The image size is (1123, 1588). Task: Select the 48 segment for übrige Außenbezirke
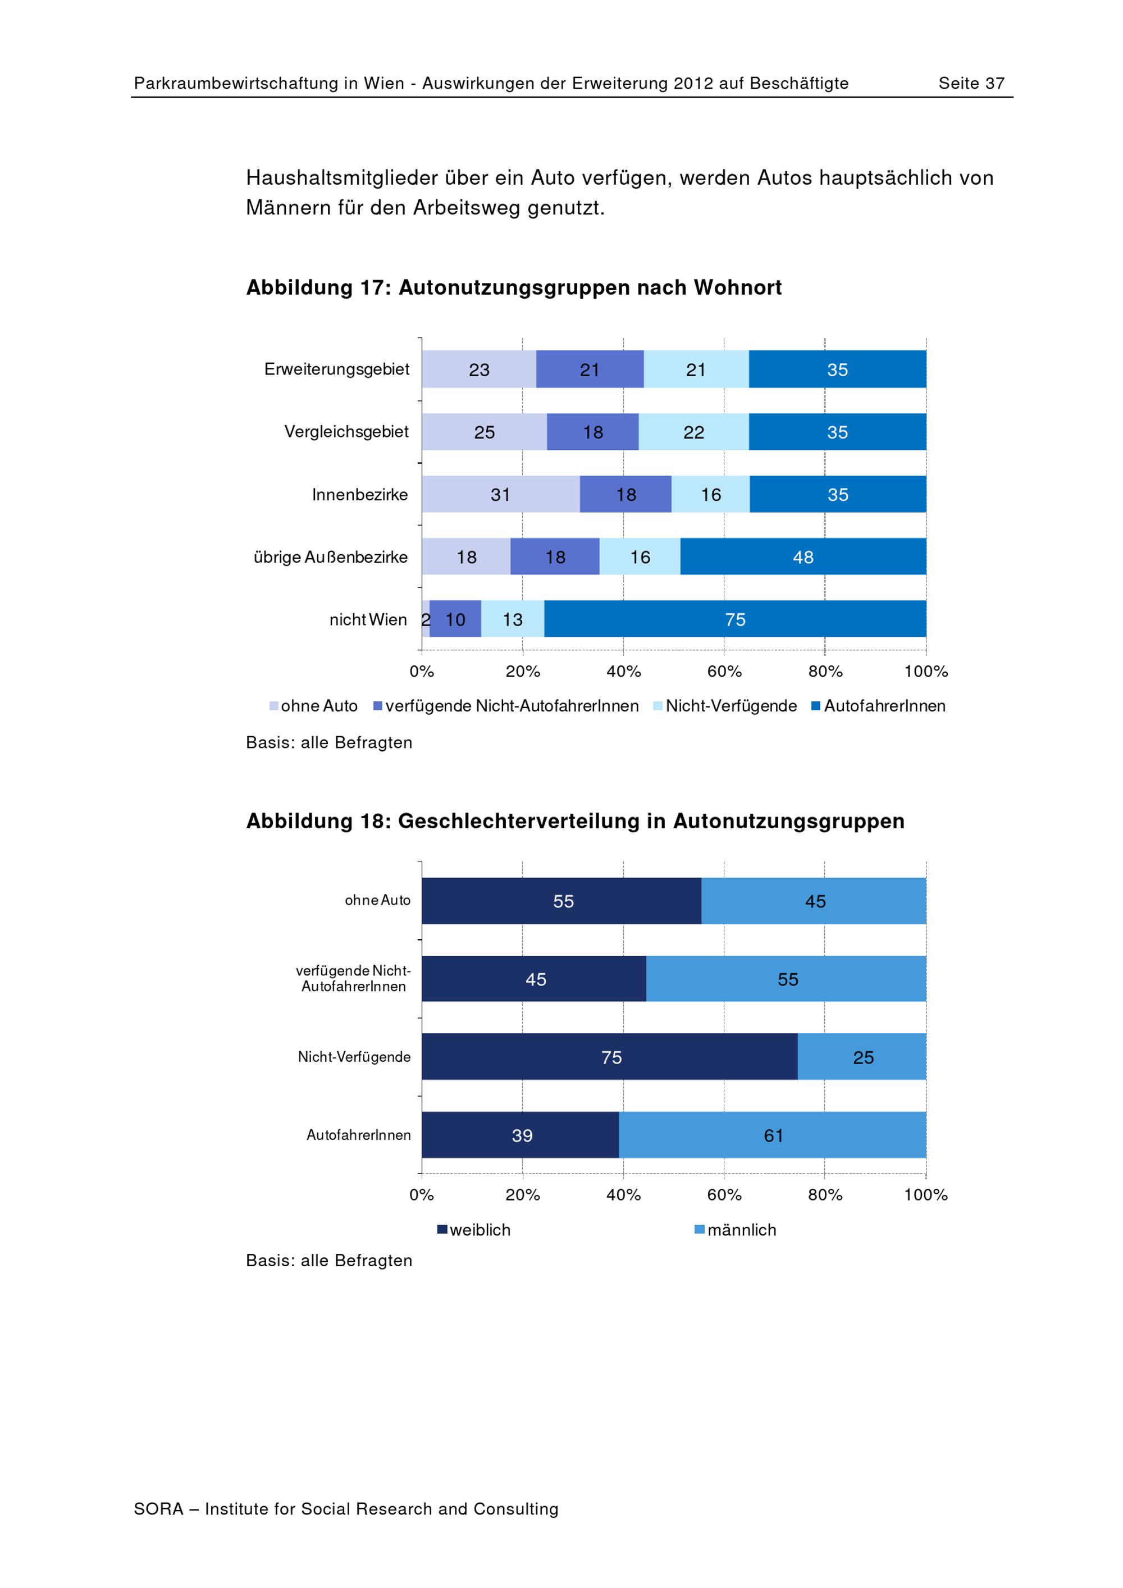pos(803,557)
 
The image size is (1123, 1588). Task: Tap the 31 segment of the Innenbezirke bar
pos(501,495)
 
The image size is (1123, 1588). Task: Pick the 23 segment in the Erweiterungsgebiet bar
pos(478,369)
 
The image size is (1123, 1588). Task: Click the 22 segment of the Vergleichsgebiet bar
pos(693,432)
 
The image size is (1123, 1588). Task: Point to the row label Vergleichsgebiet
pos(346,432)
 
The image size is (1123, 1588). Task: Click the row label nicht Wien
pos(368,620)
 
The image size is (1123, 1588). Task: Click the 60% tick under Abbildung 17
pos(724,672)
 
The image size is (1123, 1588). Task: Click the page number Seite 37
pos(971,84)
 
